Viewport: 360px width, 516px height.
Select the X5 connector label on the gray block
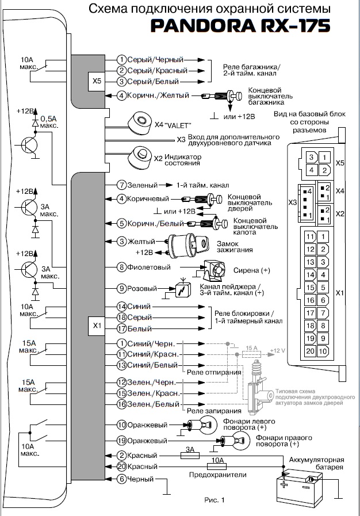pos(96,82)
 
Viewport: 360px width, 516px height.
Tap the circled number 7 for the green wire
pos(121,185)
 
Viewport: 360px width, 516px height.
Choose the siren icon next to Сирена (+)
pos(214,269)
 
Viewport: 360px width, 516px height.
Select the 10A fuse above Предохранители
pos(216,466)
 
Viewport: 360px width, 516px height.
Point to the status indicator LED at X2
pos(140,156)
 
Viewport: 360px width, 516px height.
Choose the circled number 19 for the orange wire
pos(121,441)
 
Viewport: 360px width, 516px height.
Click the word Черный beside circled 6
pos(140,479)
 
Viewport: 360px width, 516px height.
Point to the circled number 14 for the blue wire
pos(121,306)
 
